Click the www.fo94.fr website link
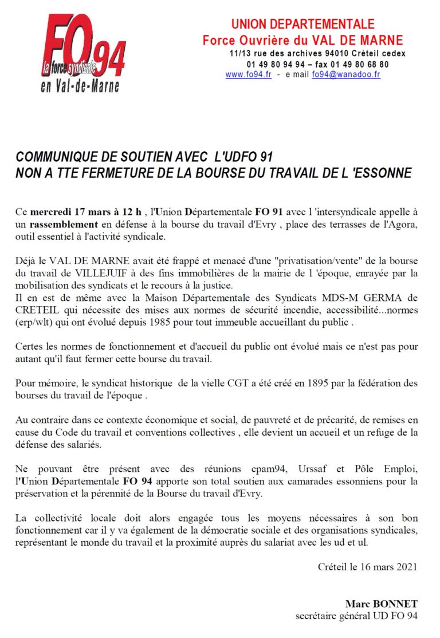tap(248, 75)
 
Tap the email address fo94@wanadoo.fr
tap(346, 75)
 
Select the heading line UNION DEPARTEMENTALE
tap(302, 24)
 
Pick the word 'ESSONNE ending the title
tap(380, 173)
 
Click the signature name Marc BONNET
tap(381, 604)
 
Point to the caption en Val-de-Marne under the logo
tap(80, 87)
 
